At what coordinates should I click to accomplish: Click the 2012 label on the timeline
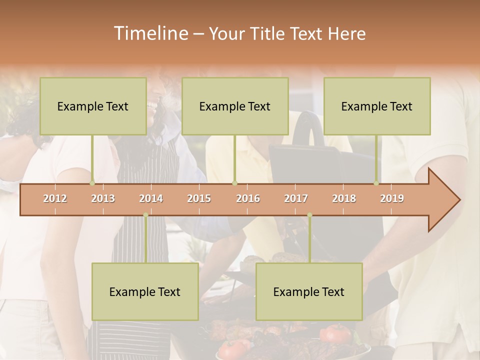click(x=55, y=198)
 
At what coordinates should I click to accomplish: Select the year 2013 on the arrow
click(x=103, y=198)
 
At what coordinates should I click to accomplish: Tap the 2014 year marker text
click(x=151, y=198)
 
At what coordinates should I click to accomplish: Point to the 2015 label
click(x=199, y=198)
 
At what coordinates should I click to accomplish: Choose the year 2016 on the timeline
click(x=248, y=198)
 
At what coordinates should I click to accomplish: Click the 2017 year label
click(x=296, y=198)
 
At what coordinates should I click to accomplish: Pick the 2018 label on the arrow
click(x=344, y=198)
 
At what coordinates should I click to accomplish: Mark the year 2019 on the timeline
click(x=392, y=198)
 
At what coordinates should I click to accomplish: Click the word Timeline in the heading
click(x=150, y=33)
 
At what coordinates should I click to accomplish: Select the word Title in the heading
click(x=267, y=34)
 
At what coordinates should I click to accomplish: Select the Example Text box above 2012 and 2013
click(x=93, y=106)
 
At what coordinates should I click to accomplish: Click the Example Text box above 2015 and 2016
click(x=235, y=106)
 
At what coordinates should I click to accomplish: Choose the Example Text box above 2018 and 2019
click(x=377, y=106)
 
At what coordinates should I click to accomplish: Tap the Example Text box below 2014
click(x=145, y=291)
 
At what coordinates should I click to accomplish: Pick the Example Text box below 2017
click(x=309, y=291)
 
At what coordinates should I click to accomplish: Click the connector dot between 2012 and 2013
click(x=92, y=183)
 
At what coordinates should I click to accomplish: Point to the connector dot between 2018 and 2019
click(x=376, y=183)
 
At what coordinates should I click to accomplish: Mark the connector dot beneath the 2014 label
click(x=145, y=215)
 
